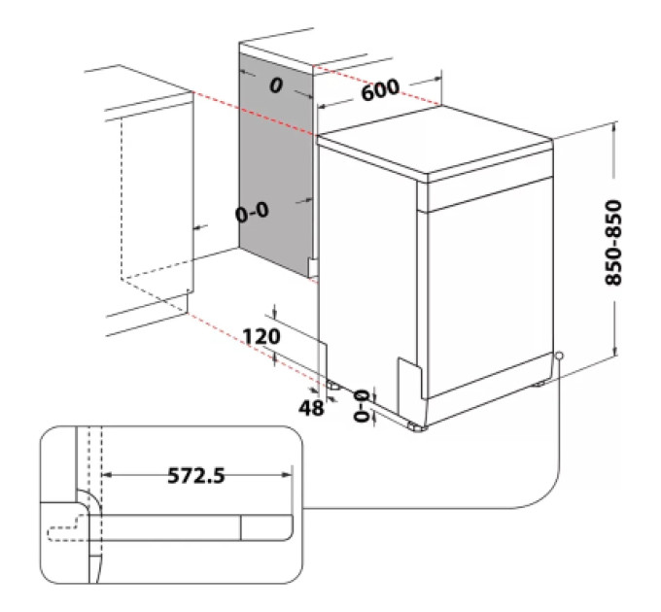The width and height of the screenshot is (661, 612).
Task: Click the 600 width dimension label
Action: point(380,89)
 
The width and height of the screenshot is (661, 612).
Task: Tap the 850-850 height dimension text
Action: point(613,243)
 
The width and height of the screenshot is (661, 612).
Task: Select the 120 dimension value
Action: point(261,336)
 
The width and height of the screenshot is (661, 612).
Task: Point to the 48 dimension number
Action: point(311,408)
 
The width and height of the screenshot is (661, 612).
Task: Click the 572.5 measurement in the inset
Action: point(196,476)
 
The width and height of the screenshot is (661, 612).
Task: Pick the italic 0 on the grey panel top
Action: point(276,85)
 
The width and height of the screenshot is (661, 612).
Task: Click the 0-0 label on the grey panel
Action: point(252,212)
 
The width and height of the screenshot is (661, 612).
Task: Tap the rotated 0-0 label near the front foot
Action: point(362,406)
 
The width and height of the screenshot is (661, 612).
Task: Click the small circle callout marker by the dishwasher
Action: point(559,356)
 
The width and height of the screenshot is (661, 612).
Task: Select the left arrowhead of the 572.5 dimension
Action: point(108,475)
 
